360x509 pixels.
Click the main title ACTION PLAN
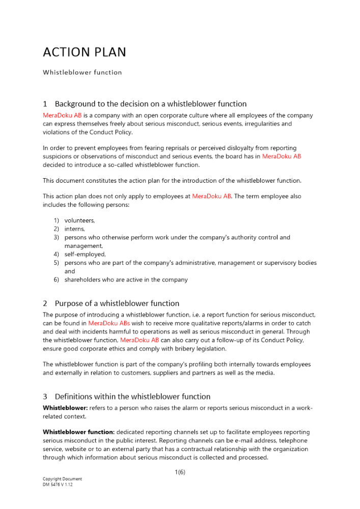pos(85,52)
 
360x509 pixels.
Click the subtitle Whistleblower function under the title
pos(82,72)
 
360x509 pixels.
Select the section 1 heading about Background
pos(145,104)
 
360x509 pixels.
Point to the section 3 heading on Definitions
pos(126,397)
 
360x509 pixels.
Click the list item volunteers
pos(79,220)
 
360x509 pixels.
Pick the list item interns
pos(75,229)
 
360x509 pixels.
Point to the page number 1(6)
pos(180,472)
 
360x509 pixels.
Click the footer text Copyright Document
pos(62,479)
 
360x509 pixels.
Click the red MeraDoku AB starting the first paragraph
pos(62,116)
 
